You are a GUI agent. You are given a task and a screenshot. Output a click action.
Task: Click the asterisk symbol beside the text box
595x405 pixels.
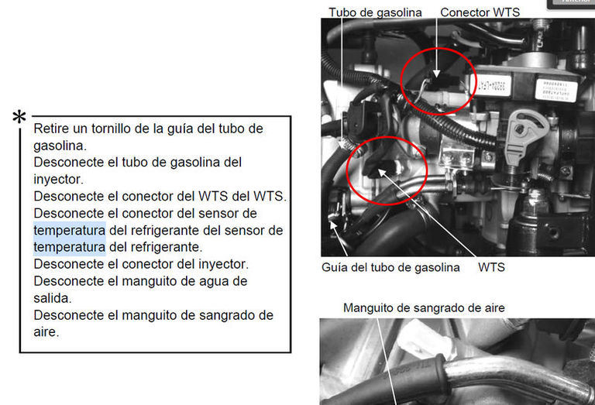click(x=19, y=117)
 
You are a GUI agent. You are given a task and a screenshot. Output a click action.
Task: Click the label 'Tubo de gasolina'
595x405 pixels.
click(x=375, y=12)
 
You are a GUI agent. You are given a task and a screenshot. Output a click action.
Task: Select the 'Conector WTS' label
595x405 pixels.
click(x=480, y=12)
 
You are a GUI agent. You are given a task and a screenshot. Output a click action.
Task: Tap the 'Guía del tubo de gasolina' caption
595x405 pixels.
click(x=390, y=267)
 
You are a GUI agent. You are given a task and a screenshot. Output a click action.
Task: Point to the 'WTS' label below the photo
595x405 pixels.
click(x=491, y=267)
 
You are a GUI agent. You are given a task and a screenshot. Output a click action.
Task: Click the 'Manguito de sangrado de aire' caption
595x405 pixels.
click(x=424, y=307)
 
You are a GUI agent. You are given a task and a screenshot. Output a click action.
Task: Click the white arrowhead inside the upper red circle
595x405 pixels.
click(x=436, y=74)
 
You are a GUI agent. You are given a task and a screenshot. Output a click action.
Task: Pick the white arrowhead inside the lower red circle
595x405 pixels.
click(x=381, y=173)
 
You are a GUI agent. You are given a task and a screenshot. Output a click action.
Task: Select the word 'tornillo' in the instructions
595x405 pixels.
click(x=112, y=129)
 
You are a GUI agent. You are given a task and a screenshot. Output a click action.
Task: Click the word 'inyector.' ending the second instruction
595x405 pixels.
click(x=58, y=180)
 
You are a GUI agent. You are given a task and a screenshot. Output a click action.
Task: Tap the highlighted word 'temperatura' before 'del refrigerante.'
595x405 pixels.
click(x=70, y=247)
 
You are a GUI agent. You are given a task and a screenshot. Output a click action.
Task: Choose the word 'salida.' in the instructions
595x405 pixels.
click(x=53, y=298)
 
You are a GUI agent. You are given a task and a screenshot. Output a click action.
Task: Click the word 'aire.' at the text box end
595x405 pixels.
click(x=46, y=331)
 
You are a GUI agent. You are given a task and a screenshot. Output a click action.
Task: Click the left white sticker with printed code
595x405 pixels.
click(x=490, y=84)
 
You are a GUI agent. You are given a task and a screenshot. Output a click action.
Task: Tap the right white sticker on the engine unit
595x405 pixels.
click(x=556, y=90)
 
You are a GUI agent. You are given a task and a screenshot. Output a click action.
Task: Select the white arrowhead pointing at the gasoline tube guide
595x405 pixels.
click(x=333, y=225)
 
